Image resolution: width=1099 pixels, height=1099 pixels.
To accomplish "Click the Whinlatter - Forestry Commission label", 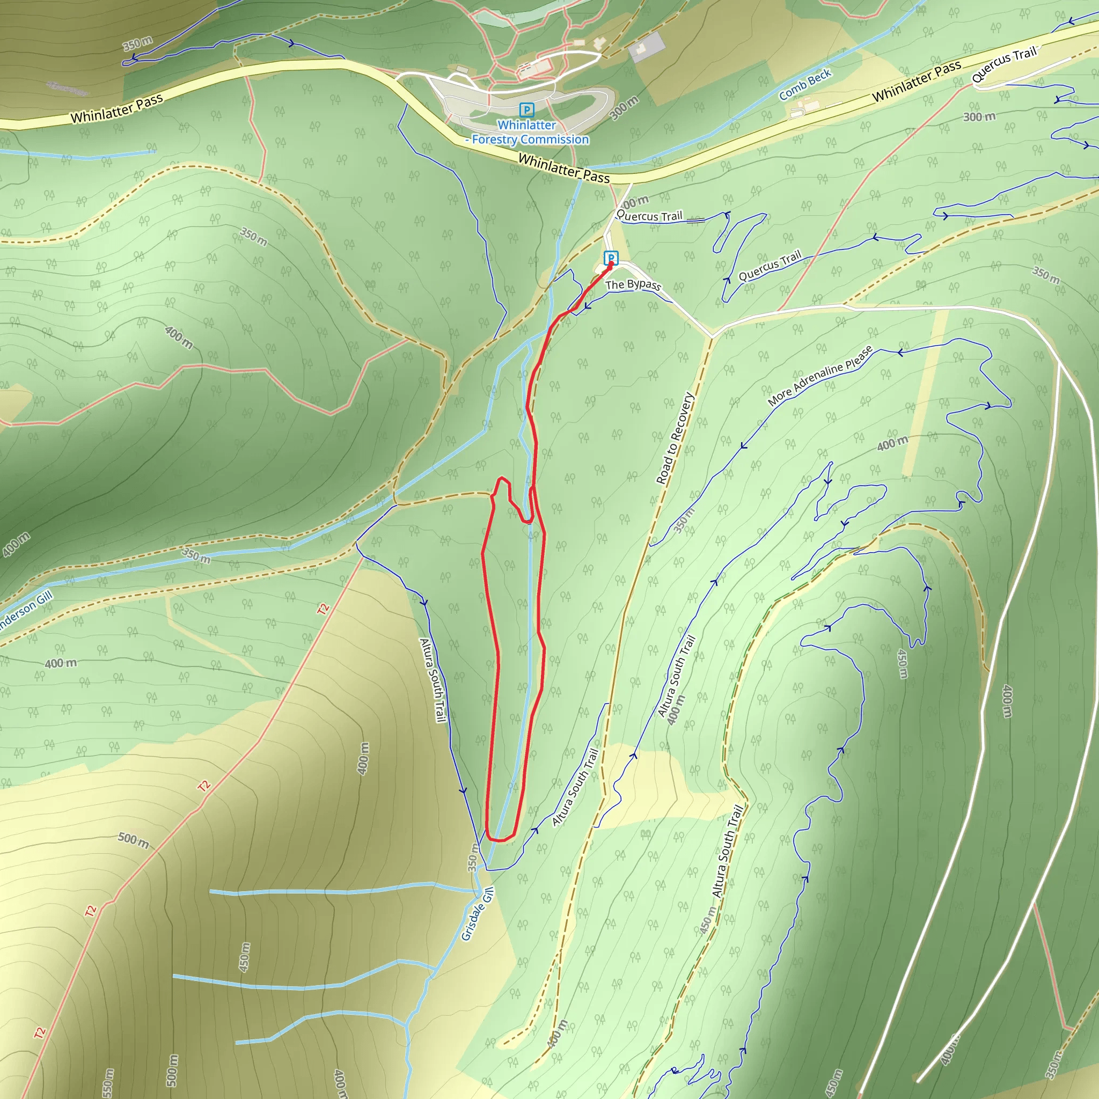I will coord(527,132).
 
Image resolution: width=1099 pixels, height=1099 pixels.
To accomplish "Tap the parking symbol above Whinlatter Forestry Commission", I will coord(527,110).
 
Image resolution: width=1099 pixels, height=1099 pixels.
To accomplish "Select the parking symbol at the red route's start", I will coord(611,258).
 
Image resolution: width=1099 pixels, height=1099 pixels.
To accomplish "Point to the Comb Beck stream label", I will coord(805,84).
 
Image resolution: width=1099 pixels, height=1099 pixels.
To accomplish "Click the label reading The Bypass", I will coord(633,284).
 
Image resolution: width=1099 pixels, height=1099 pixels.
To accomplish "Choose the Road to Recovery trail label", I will coord(675,438).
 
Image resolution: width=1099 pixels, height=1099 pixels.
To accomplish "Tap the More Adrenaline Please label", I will coord(820,376).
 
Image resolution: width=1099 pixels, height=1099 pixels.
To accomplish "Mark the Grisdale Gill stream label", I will coord(477,914).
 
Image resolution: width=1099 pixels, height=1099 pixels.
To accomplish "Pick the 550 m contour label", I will coord(108,1083).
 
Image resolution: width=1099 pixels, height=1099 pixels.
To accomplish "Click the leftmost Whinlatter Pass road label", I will coord(116,108).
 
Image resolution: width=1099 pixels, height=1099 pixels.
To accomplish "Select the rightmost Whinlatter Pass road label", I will coord(917,82).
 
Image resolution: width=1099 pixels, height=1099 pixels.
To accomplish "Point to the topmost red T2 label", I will coord(323,609).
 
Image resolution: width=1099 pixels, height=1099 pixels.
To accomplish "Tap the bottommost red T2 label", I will coord(39,1032).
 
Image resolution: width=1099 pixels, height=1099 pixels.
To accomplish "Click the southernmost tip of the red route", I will coord(499,840).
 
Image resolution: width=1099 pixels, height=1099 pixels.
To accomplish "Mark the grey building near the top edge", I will coord(647,47).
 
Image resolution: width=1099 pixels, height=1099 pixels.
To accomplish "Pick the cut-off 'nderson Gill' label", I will coord(26,610).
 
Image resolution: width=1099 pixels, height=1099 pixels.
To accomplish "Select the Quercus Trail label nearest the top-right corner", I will coord(1004,64).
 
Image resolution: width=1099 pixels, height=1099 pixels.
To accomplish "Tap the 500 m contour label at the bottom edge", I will coord(172,1070).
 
